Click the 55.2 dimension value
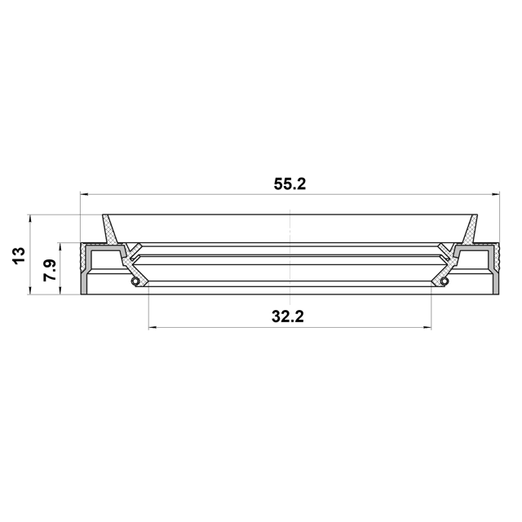290,184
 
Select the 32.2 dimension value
288,316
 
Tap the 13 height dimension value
19,255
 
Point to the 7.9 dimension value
50,270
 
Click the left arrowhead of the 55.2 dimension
85,194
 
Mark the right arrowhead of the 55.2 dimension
495,194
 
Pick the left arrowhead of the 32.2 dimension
153,328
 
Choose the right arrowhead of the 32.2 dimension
427,328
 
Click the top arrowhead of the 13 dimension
30,219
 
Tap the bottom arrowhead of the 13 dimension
30,290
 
